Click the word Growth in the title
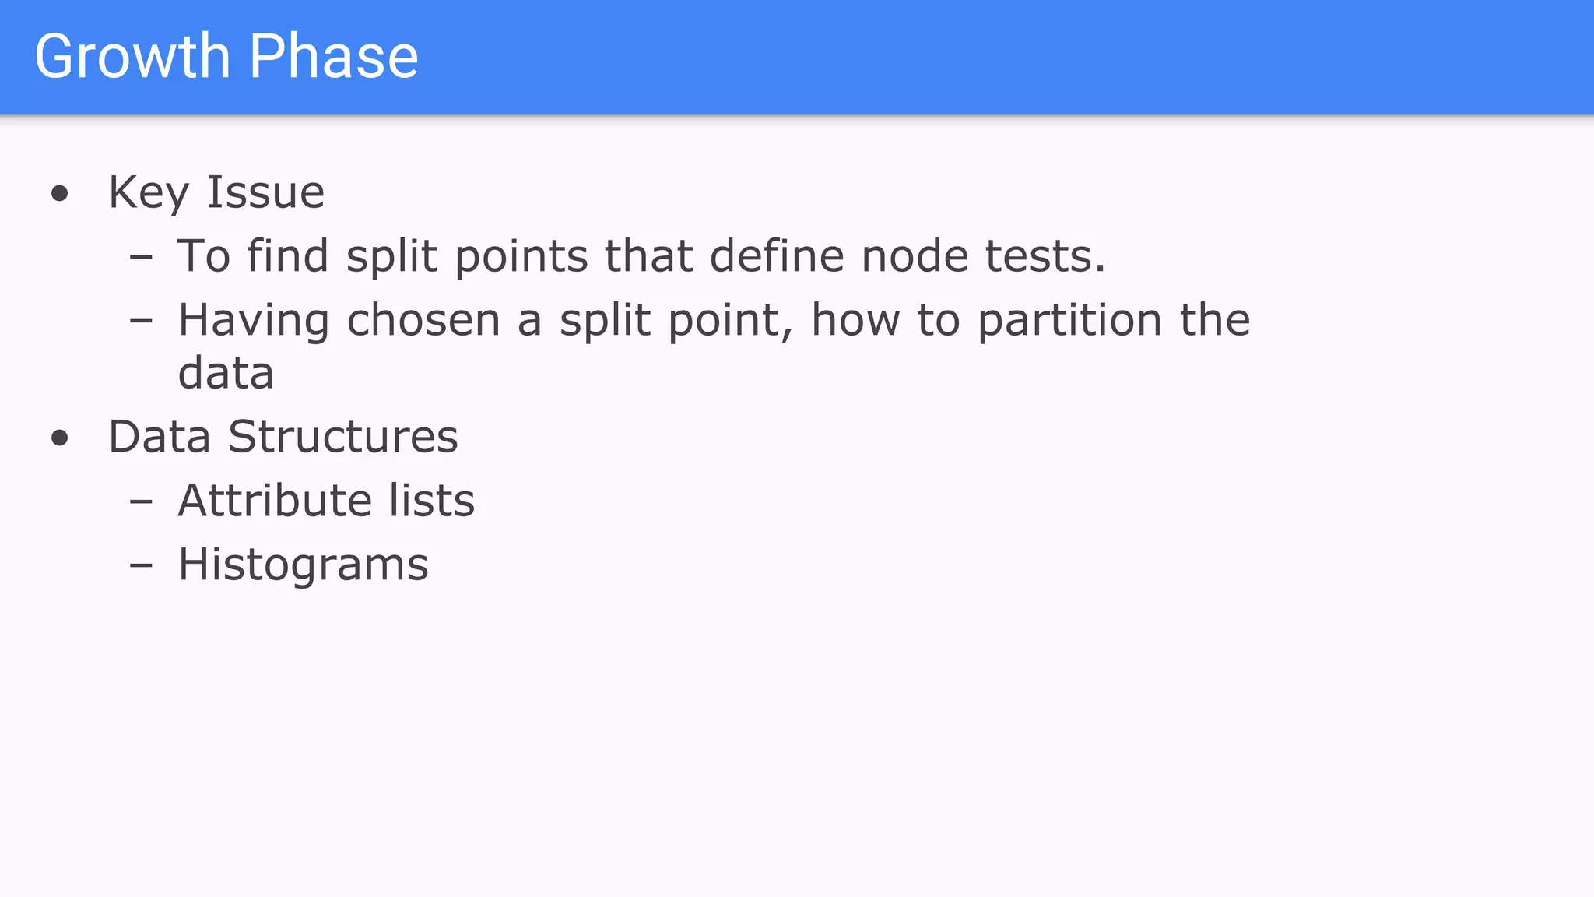pyautogui.click(x=132, y=57)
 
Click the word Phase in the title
pyautogui.click(x=334, y=57)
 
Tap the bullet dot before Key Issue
pyautogui.click(x=60, y=193)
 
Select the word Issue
pyautogui.click(x=265, y=192)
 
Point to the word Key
pyautogui.click(x=149, y=193)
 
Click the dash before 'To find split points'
pyautogui.click(x=141, y=256)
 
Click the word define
pyautogui.click(x=777, y=256)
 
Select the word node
pyautogui.click(x=915, y=256)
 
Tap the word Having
pyautogui.click(x=254, y=321)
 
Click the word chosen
pyautogui.click(x=423, y=320)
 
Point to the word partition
pyautogui.click(x=1069, y=321)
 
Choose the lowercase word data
pyautogui.click(x=226, y=373)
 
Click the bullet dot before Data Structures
pyautogui.click(x=60, y=438)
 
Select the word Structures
pyautogui.click(x=342, y=437)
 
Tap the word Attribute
pyautogui.click(x=274, y=500)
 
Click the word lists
pyautogui.click(x=432, y=500)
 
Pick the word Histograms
pyautogui.click(x=303, y=565)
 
